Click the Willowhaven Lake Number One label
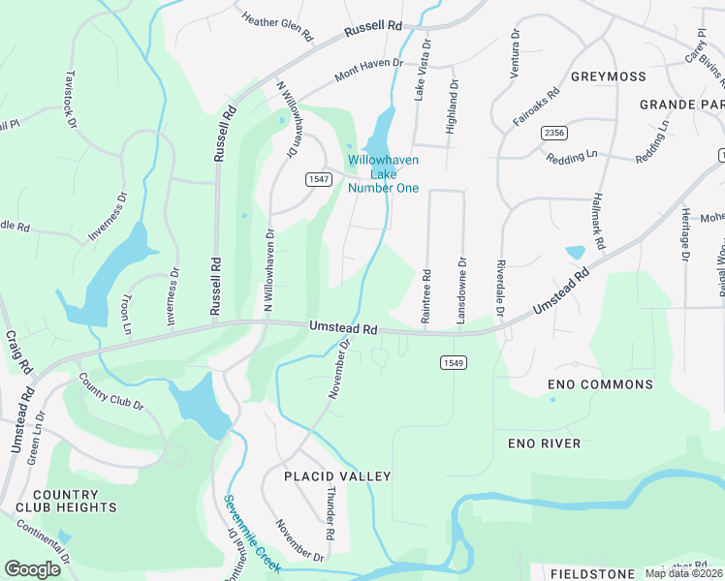pyautogui.click(x=383, y=174)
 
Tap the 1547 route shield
pyautogui.click(x=318, y=179)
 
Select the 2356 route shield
pyautogui.click(x=554, y=133)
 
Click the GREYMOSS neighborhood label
pyautogui.click(x=609, y=76)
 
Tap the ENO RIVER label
pyautogui.click(x=544, y=443)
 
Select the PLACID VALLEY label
pyautogui.click(x=337, y=476)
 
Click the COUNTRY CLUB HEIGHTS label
pyautogui.click(x=66, y=501)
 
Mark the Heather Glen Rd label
pyautogui.click(x=278, y=27)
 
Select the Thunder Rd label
pyautogui.click(x=330, y=513)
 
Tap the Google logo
pyautogui.click(x=33, y=569)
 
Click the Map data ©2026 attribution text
pyautogui.click(x=683, y=573)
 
